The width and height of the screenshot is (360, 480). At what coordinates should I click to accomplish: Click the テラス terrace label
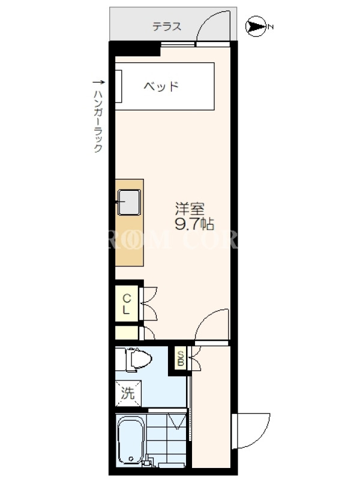[x=167, y=26]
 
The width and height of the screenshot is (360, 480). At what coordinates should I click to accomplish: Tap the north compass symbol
[x=257, y=26]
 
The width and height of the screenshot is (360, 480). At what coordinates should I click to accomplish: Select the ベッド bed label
[x=161, y=86]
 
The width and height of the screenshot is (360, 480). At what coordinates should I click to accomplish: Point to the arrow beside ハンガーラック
[x=98, y=82]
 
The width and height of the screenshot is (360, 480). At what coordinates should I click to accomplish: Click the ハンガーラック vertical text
[x=98, y=121]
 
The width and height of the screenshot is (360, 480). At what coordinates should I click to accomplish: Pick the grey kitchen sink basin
[x=129, y=202]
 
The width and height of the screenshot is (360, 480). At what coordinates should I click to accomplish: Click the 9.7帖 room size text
[x=194, y=225]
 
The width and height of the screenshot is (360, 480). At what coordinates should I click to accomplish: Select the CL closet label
[x=127, y=304]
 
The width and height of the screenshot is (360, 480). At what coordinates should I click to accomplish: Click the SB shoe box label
[x=181, y=358]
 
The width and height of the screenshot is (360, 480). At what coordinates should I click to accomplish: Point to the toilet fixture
[x=134, y=359]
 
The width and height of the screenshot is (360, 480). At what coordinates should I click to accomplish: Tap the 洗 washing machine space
[x=128, y=394]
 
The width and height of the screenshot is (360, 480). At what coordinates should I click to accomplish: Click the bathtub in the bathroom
[x=131, y=442]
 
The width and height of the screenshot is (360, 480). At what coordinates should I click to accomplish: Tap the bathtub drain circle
[x=131, y=459]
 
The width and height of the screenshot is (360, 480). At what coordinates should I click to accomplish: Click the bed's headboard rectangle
[x=119, y=86]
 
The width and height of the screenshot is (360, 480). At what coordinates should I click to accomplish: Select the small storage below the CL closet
[x=127, y=333]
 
